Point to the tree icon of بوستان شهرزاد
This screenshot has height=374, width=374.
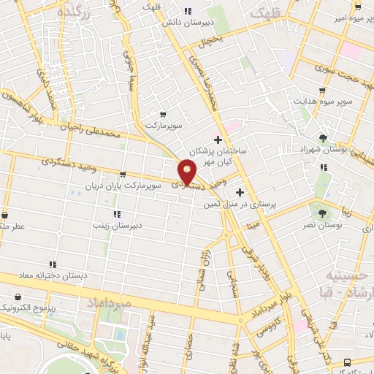pos(323,137)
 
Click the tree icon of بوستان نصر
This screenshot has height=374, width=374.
pos(322,213)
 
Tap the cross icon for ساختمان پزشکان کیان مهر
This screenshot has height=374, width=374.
pos(218,139)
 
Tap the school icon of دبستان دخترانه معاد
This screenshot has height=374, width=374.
pos(52,264)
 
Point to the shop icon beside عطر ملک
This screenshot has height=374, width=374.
pos(4,215)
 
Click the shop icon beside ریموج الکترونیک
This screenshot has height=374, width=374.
pos(17,298)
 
